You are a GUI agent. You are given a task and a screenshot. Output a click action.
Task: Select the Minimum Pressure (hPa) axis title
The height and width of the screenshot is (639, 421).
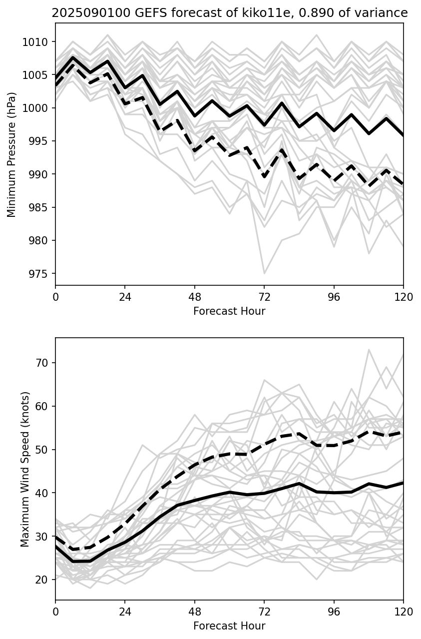(x=12, y=154)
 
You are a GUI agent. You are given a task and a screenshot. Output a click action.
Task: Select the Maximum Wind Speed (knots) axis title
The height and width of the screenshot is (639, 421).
(x=25, y=469)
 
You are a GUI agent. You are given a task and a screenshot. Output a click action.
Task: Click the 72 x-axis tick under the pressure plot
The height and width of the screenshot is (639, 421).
(x=264, y=297)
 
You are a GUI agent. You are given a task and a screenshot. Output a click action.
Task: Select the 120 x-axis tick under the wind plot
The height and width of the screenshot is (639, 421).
(x=404, y=612)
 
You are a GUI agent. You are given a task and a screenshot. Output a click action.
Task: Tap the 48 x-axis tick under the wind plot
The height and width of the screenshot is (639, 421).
(x=195, y=612)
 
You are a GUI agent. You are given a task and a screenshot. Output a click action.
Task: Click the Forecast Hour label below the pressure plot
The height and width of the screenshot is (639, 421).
(x=229, y=311)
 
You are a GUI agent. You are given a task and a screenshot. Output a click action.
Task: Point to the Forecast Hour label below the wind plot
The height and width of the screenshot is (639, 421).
(x=229, y=626)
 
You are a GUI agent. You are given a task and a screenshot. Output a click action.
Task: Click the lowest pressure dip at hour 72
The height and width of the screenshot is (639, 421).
(x=264, y=273)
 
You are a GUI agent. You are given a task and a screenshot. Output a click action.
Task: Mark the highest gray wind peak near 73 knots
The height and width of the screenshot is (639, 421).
(x=369, y=350)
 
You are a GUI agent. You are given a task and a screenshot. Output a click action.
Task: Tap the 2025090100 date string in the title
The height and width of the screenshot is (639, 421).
(x=83, y=13)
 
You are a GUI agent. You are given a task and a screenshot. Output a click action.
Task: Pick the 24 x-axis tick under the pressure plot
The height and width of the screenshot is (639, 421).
(x=125, y=297)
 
